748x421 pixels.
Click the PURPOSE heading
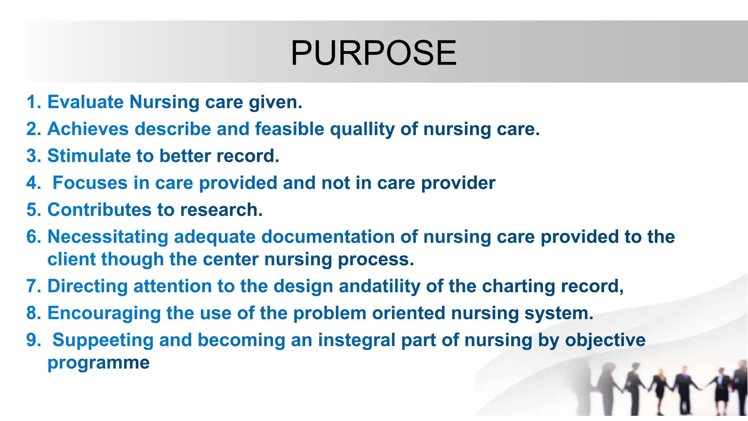click(373, 53)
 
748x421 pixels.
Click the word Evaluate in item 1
click(85, 102)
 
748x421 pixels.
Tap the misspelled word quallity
click(362, 129)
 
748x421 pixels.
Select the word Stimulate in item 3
click(89, 156)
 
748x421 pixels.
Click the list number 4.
click(33, 183)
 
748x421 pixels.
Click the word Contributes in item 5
click(99, 210)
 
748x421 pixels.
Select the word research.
click(221, 210)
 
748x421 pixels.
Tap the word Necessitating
click(108, 237)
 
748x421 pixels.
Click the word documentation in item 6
click(328, 237)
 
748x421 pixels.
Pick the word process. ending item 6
click(376, 259)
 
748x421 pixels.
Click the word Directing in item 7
click(88, 286)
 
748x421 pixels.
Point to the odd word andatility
click(379, 286)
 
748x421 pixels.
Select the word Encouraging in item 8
click(104, 313)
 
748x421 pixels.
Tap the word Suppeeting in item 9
click(103, 340)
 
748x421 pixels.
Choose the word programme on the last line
click(99, 363)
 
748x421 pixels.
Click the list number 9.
click(33, 340)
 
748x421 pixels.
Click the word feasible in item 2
click(289, 129)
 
